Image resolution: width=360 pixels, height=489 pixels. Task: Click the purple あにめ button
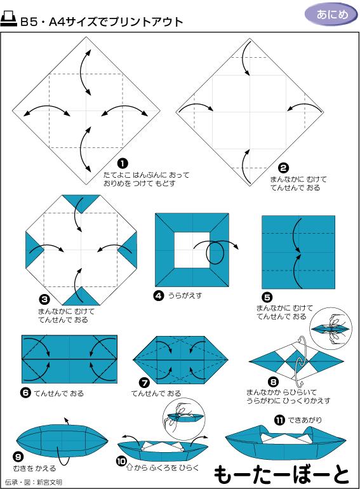click(331, 15)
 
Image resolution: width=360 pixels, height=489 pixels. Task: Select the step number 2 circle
click(284, 168)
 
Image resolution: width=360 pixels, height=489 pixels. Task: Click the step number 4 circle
click(159, 295)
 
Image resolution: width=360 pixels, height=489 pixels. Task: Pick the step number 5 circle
click(267, 297)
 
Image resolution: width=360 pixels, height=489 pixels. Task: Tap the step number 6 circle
click(25, 393)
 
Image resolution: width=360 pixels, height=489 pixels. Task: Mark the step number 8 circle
click(274, 382)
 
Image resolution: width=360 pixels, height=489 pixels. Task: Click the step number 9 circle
click(18, 456)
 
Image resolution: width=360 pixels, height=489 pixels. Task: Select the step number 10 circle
click(121, 460)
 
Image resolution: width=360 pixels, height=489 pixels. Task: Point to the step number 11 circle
click(279, 420)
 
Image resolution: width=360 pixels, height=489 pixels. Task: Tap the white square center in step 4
click(192, 250)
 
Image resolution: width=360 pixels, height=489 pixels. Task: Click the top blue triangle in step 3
click(81, 203)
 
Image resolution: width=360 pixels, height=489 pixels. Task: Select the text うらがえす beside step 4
click(186, 295)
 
